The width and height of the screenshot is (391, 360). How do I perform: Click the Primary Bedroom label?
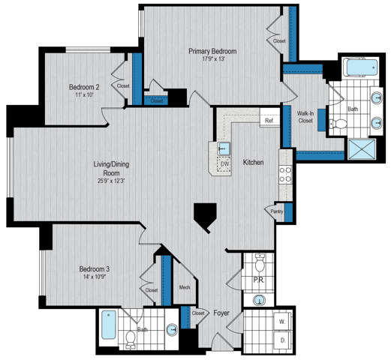pyautogui.click(x=212, y=51)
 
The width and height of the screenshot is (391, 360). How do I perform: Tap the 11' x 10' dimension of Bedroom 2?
pyautogui.click(x=84, y=95)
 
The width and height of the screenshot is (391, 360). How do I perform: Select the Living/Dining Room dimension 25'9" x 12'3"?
pyautogui.click(x=111, y=181)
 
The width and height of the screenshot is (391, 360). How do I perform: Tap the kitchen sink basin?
pyautogui.click(x=224, y=148)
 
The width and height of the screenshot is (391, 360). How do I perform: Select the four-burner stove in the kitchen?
pyautogui.click(x=285, y=175)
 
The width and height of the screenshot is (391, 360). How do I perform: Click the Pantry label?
pyautogui.click(x=277, y=211)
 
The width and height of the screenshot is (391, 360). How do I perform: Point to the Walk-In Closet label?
pyautogui.click(x=305, y=117)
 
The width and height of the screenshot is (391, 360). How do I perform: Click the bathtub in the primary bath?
pyautogui.click(x=360, y=67)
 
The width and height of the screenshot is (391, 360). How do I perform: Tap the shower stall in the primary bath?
pyautogui.click(x=362, y=149)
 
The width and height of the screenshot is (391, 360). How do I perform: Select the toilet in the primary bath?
pyautogui.click(x=338, y=124)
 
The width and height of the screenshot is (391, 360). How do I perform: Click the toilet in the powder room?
pyautogui.click(x=260, y=262)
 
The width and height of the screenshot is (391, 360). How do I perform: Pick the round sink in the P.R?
pyautogui.click(x=260, y=300)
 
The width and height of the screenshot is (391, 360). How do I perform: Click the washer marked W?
pyautogui.click(x=282, y=322)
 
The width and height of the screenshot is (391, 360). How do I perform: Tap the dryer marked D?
pyautogui.click(x=283, y=340)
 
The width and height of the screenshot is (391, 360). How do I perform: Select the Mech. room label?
pyautogui.click(x=185, y=287)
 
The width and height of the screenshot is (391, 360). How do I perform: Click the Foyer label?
pyautogui.click(x=221, y=313)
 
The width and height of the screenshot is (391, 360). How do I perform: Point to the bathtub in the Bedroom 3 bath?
pyautogui.click(x=109, y=325)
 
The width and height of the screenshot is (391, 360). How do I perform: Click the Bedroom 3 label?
pyautogui.click(x=95, y=269)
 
